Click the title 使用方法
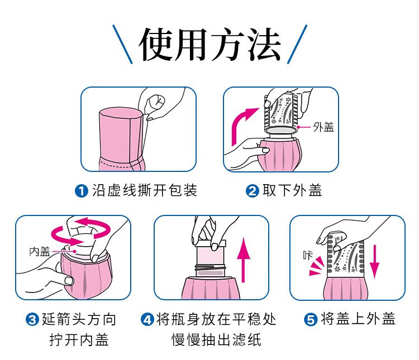point(209,44)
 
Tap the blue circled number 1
point(82,191)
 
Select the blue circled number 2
point(253,191)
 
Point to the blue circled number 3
point(32,319)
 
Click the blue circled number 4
point(147,319)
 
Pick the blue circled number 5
point(311,319)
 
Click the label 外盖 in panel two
point(323,127)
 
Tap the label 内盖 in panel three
point(40,252)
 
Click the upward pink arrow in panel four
point(244,260)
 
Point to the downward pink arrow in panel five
point(374,262)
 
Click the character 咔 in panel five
point(308,255)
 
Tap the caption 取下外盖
point(292,191)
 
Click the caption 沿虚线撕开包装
point(145,191)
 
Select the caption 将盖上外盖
point(358,319)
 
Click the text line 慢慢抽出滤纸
point(216,340)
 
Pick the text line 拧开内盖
point(79,340)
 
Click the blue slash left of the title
point(122,44)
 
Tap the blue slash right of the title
point(297,44)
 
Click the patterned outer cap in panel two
point(281,112)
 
